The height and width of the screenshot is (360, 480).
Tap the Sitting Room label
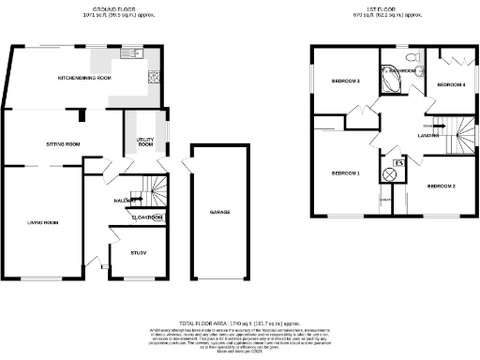pyautogui.click(x=64, y=144)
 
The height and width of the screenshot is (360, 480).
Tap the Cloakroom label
pyautogui.click(x=146, y=217)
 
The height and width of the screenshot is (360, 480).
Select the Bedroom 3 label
pyautogui.click(x=346, y=82)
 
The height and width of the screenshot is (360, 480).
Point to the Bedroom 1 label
pyautogui.click(x=346, y=173)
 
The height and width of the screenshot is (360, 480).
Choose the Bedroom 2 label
pyautogui.click(x=441, y=187)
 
